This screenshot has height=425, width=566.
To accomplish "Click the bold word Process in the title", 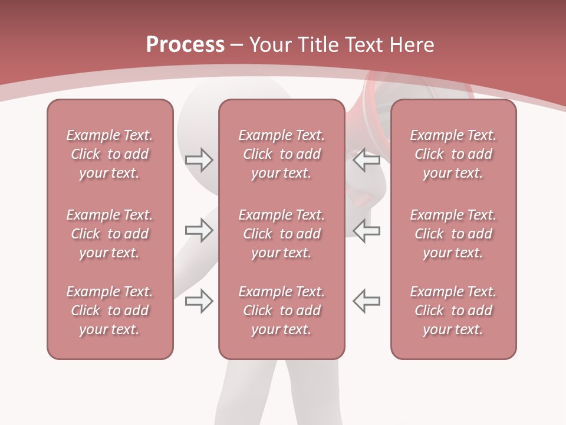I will click(x=185, y=45).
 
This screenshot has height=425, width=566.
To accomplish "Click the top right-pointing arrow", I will click(x=199, y=159).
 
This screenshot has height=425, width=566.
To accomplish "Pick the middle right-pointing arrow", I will click(x=199, y=230).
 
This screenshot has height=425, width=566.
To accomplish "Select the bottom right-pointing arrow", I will click(x=199, y=300).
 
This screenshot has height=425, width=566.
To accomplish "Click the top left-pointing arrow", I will click(x=366, y=159).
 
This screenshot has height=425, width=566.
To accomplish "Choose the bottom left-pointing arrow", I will click(x=366, y=300).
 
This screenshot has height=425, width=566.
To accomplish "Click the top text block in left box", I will click(x=110, y=154).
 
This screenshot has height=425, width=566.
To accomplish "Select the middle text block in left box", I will click(x=110, y=234).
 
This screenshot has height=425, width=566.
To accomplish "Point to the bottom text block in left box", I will click(x=110, y=310).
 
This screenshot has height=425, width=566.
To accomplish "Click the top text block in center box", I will click(x=281, y=154).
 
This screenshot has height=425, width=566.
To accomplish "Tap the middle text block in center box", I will click(x=281, y=234).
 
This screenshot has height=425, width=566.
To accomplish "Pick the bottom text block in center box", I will click(x=281, y=310).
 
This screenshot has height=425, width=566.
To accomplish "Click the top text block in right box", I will click(x=453, y=154).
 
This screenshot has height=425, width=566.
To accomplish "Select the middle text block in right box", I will click(x=453, y=234).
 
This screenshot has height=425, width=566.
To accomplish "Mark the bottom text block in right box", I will click(x=453, y=310).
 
